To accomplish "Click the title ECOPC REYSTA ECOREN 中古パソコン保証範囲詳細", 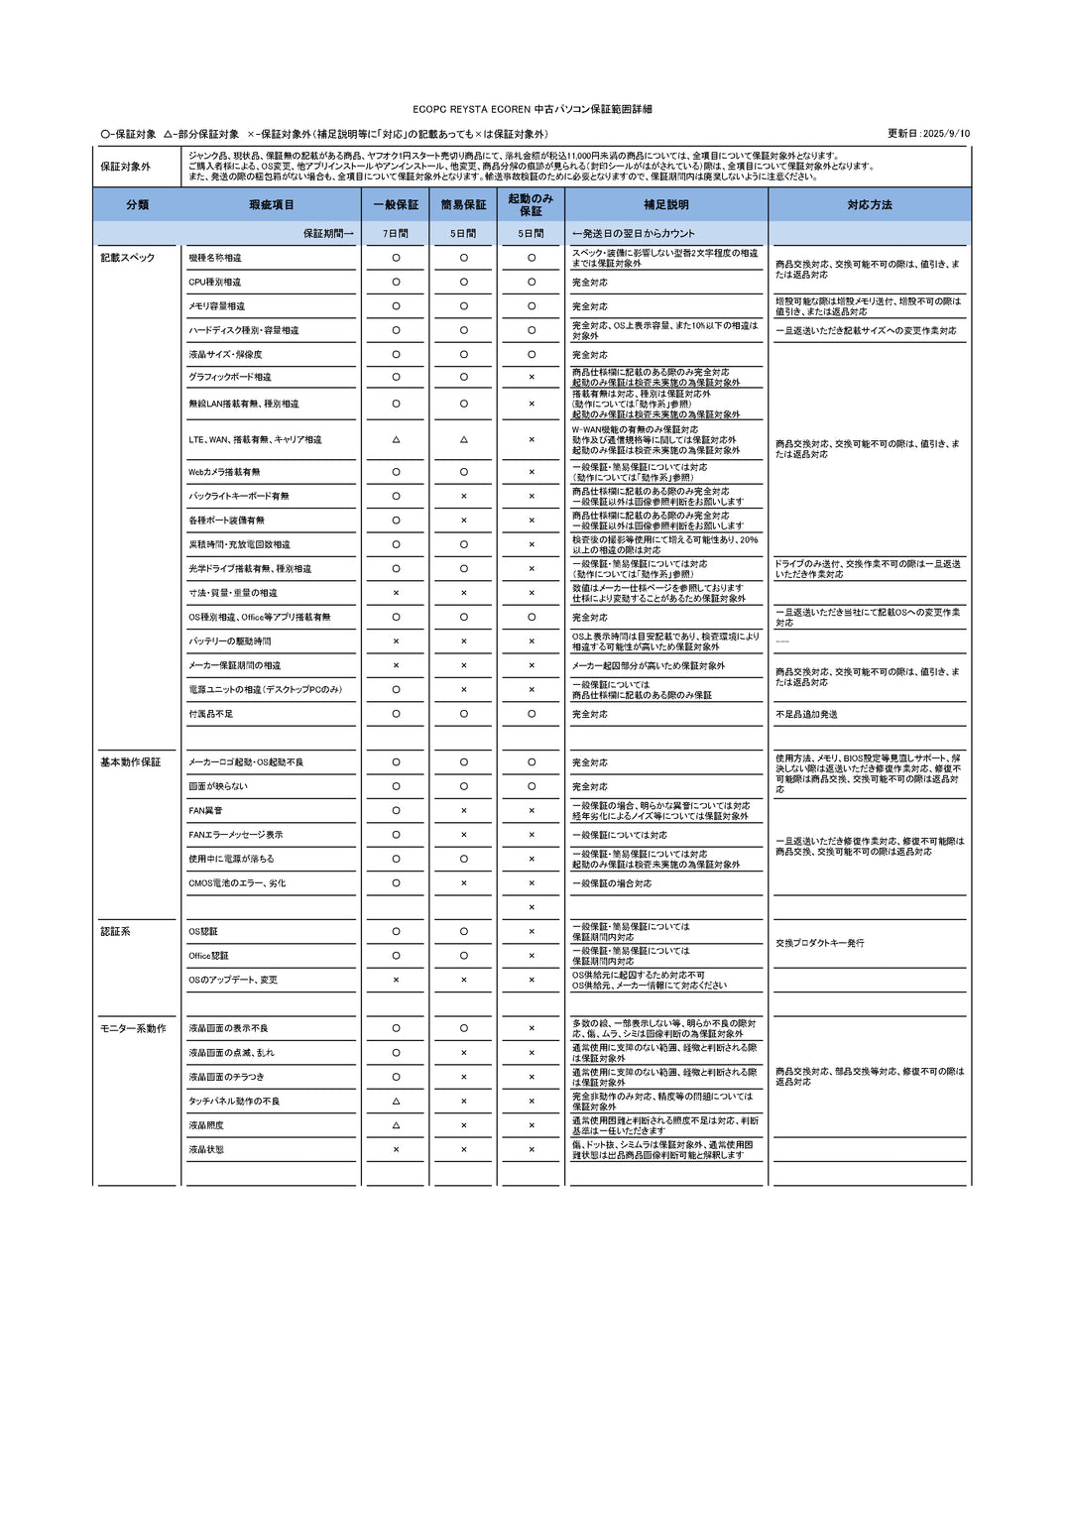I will pos(533,109).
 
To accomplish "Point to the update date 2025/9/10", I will pos(929,134).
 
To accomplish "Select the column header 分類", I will pos(137,204).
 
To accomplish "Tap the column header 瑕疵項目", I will pos(271,204).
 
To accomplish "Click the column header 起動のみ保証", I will pos(531,204).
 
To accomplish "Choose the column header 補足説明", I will pos(665,204).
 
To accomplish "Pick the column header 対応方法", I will pos(869,204).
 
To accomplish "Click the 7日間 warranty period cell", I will pos(396,234).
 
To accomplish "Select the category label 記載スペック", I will pos(127,258).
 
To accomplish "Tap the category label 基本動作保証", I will pos(130,762).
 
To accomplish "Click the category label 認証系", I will pos(115,932).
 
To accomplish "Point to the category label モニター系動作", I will pos(133,1029).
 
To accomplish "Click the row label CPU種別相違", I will pos(214,283).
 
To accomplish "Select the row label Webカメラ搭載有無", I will pos(224,472).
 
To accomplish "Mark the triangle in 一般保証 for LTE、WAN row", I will pos(396,439).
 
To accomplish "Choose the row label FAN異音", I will pos(205,811).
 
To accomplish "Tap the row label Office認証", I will pos(208,956).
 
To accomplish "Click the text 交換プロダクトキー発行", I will pos(819,943).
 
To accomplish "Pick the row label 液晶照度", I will pos(206,1125).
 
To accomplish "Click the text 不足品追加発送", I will pos(806,714).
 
